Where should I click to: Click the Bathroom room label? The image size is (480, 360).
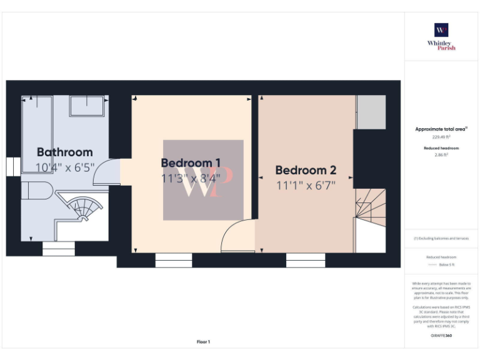click(64, 152)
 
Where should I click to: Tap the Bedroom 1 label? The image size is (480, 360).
click(191, 163)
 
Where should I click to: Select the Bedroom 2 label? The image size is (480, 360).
click(306, 170)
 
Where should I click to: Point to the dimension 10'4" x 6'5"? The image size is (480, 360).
click(64, 167)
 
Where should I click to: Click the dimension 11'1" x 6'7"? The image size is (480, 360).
click(306, 185)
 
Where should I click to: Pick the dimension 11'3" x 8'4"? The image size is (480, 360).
click(191, 179)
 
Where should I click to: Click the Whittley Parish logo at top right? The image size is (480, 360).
click(441, 36)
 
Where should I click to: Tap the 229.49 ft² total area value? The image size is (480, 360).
click(441, 137)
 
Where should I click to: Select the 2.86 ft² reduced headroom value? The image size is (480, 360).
click(441, 154)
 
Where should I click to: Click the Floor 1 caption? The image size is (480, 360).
click(204, 342)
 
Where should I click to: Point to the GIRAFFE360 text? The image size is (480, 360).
click(441, 336)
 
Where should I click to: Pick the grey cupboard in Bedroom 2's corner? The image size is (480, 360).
click(371, 112)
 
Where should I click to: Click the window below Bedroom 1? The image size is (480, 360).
click(173, 260)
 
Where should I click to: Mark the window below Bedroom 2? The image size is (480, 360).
click(306, 260)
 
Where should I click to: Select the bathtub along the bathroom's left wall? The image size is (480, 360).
click(36, 136)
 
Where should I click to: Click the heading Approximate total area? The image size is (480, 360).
click(441, 129)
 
